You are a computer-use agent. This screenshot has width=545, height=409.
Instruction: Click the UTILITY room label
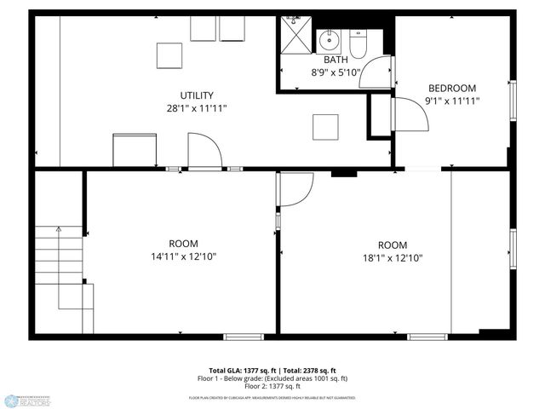coord(197,95)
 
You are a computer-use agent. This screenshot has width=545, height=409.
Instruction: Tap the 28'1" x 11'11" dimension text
coord(197,108)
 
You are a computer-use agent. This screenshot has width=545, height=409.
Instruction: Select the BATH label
coord(335,60)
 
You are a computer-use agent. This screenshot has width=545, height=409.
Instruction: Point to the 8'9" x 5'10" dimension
coord(335,73)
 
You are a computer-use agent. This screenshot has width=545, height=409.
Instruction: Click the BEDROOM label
coord(452,88)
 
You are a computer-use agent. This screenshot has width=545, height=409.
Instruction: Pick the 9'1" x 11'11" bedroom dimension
coord(452,101)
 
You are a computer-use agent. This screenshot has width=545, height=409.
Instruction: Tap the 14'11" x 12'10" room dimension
coord(183,256)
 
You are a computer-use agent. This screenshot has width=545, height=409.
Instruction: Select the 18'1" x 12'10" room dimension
coord(393,256)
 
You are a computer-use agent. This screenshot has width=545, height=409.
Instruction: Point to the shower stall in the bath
coord(295,35)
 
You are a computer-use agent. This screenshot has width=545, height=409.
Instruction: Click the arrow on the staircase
coord(58,231)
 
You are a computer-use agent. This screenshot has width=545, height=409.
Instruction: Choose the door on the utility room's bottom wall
coord(204,155)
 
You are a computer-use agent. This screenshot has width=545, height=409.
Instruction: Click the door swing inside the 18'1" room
coord(296,189)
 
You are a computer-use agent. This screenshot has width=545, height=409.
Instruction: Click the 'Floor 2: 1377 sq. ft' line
coord(272,387)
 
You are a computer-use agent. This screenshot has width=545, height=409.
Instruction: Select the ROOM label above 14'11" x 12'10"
coord(183,243)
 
